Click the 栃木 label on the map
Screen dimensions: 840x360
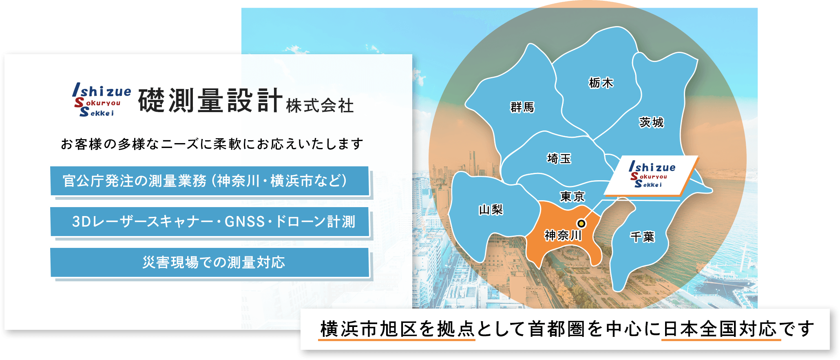pos(601,83)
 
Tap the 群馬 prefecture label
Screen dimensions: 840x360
pos(522,107)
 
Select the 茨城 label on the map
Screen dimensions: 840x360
pos(651,122)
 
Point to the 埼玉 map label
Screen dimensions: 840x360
pos(559,158)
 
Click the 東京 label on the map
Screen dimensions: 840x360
pos(573,197)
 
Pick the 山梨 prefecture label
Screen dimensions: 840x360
pos(491,210)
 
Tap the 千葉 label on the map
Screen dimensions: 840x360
pos(642,236)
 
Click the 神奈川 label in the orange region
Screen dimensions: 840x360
pos(563,235)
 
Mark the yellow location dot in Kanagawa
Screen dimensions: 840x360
pos(581,223)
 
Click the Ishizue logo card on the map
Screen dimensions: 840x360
pos(652,176)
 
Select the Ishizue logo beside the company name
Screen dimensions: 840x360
pos(102,100)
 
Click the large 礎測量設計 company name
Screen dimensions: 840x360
pos(210,100)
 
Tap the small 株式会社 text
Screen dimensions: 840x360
pos(320,106)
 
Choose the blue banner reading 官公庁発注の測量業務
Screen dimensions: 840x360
pos(210,181)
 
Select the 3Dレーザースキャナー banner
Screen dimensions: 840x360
pos(210,222)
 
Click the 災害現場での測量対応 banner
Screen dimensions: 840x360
pos(210,263)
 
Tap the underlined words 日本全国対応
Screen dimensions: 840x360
pos(721,329)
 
